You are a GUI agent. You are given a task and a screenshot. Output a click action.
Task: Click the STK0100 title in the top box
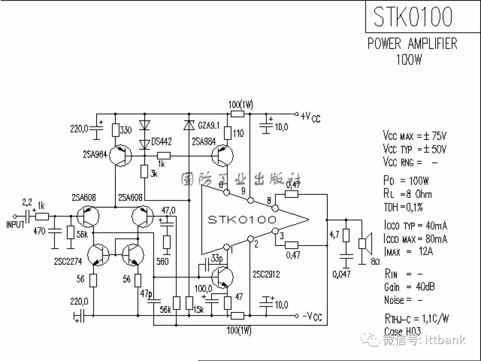(412, 17)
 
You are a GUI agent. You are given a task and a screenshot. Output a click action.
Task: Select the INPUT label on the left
(15, 225)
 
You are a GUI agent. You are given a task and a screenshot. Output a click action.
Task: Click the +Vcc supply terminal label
(310, 117)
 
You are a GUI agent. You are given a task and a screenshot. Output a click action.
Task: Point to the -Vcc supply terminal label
(312, 317)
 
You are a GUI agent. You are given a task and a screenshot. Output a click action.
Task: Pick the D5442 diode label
(161, 142)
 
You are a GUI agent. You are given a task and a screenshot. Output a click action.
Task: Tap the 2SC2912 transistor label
(266, 275)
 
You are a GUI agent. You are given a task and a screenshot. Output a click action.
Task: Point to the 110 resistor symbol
(228, 132)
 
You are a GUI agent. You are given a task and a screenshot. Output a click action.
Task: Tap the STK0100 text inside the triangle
(242, 219)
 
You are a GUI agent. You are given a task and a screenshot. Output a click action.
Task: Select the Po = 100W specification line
(406, 180)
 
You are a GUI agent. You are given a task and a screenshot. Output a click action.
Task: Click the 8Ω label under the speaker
(375, 261)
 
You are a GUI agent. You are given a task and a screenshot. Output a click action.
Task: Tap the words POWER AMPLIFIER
(412, 44)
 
